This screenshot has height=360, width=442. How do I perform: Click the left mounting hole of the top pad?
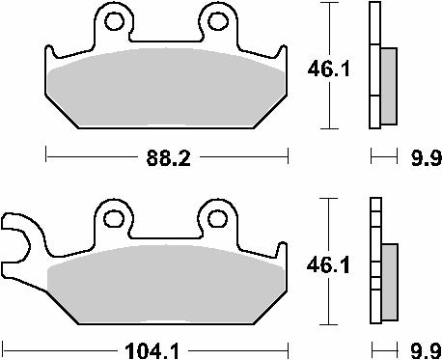pyautogui.click(x=115, y=22)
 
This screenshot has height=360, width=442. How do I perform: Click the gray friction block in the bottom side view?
pyautogui.click(x=389, y=280)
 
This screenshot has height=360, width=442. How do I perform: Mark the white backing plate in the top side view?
pyautogui.click(x=374, y=68)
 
